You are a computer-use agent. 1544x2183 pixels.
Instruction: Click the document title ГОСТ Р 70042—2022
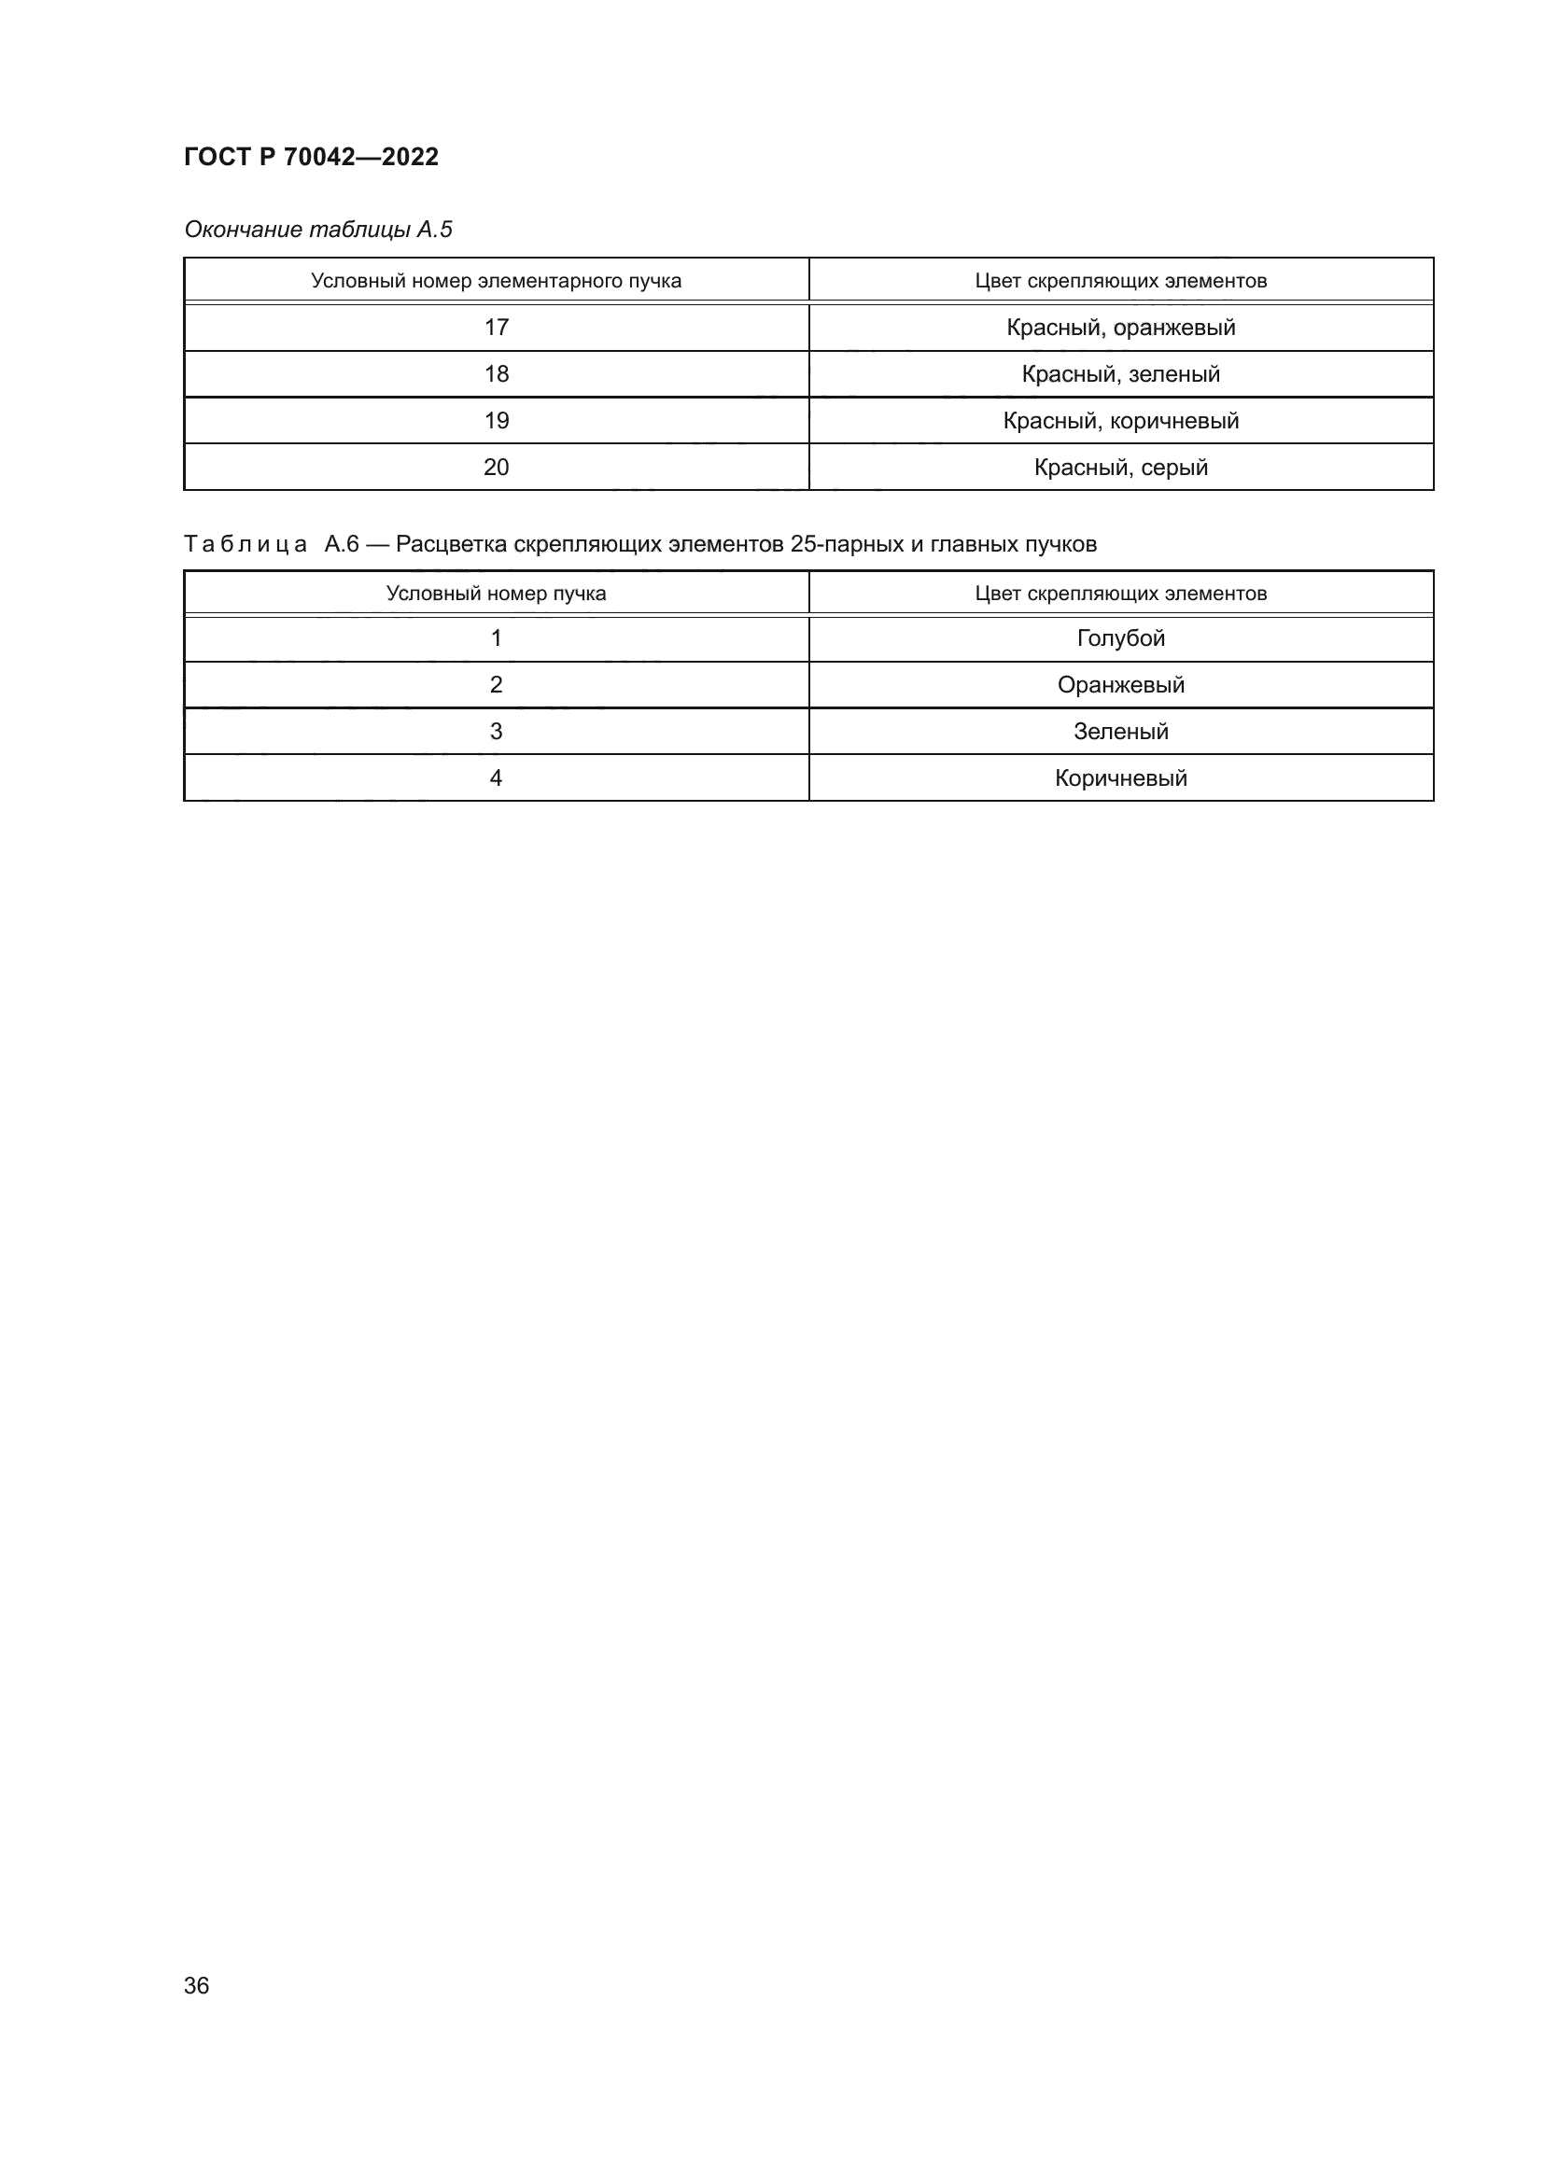pos(311,157)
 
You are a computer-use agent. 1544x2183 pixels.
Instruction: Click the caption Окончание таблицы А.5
pos(317,230)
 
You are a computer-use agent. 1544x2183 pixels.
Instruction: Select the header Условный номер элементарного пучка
pos(496,281)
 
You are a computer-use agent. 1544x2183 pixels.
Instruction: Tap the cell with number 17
pos(497,327)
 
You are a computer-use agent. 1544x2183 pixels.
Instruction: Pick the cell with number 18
pos(497,373)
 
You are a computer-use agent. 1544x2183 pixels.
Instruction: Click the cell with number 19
pos(497,420)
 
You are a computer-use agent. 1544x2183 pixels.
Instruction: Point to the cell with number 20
pos(497,467)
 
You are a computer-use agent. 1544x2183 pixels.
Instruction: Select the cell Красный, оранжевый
pos(1121,327)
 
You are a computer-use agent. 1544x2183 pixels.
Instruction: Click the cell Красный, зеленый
pos(1121,373)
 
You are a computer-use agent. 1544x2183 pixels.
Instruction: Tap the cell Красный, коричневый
pos(1121,420)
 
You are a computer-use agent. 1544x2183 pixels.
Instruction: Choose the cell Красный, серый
pos(1121,467)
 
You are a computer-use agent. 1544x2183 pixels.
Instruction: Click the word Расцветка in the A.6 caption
pos(451,544)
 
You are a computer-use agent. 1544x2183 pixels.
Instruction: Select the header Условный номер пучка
pos(496,594)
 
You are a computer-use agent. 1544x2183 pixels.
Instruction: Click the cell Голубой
pos(1121,638)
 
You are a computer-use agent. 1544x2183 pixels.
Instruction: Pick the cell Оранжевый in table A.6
pos(1121,684)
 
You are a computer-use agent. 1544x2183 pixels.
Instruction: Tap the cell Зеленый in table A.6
pos(1121,731)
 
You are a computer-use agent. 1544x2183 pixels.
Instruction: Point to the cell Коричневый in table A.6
pos(1121,777)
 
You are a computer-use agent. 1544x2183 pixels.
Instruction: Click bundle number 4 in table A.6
pos(496,777)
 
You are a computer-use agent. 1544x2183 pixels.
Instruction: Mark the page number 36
pos(197,1985)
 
